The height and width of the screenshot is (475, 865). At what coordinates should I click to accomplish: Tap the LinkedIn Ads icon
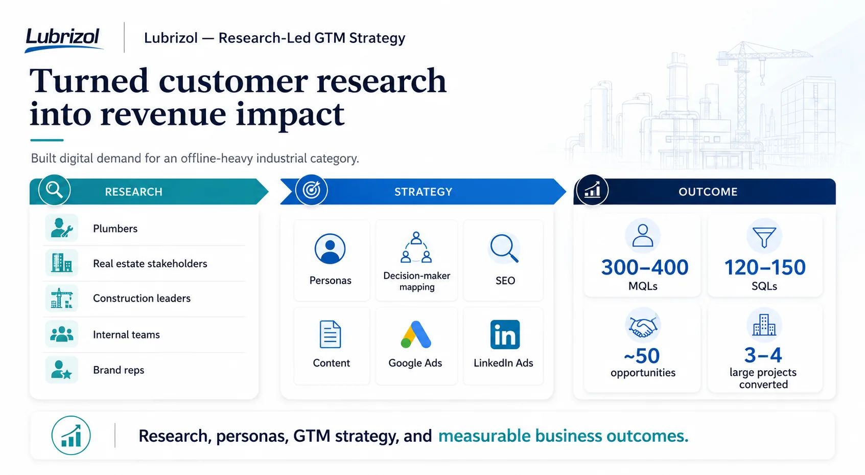[505, 334]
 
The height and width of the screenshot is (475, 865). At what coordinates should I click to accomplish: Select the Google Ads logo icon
[416, 335]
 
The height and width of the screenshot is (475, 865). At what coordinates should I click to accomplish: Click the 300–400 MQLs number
[644, 267]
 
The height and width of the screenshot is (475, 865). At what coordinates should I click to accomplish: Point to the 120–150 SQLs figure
[764, 267]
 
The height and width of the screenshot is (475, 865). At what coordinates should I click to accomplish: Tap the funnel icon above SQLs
[764, 237]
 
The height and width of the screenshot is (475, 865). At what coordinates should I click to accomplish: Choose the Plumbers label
[115, 229]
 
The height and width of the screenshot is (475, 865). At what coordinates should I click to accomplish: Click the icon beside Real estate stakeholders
[62, 263]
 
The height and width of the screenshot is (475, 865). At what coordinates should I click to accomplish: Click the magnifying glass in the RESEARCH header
[55, 190]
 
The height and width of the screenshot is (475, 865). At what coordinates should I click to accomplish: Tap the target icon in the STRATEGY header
[311, 190]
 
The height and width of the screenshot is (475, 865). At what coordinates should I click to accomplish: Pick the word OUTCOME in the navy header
[708, 192]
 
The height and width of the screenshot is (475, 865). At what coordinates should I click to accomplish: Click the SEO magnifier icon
[504, 248]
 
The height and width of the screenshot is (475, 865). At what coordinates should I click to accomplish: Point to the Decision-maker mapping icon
[416, 247]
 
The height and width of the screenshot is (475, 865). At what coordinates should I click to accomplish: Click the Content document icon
[330, 334]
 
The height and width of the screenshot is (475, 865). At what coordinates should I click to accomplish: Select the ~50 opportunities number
[642, 356]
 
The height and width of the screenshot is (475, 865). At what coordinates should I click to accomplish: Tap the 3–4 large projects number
[763, 355]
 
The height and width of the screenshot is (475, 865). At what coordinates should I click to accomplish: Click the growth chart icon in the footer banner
[71, 436]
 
